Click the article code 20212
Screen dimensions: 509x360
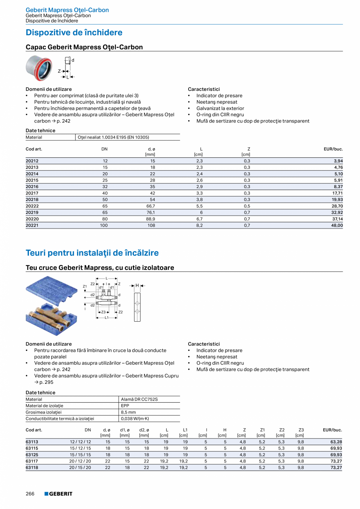click(x=32, y=161)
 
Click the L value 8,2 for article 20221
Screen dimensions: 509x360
click(x=199, y=225)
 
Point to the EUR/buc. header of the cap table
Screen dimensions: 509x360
click(x=333, y=149)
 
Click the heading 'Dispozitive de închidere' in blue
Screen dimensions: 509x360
click(x=74, y=32)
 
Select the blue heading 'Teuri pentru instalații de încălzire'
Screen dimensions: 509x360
click(x=92, y=253)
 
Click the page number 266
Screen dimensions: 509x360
click(x=31, y=494)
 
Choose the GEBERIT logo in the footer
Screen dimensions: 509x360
click(x=58, y=494)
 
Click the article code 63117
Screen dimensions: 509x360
click(x=32, y=461)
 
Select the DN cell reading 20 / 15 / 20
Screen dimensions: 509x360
click(x=80, y=468)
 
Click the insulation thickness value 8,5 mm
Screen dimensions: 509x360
click(x=128, y=412)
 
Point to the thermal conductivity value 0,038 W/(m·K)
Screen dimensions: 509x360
click(x=135, y=419)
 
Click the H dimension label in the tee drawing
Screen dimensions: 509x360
click(x=137, y=286)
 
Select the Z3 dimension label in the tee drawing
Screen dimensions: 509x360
click(x=103, y=312)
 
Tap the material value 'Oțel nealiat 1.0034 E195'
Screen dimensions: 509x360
click(x=113, y=137)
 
